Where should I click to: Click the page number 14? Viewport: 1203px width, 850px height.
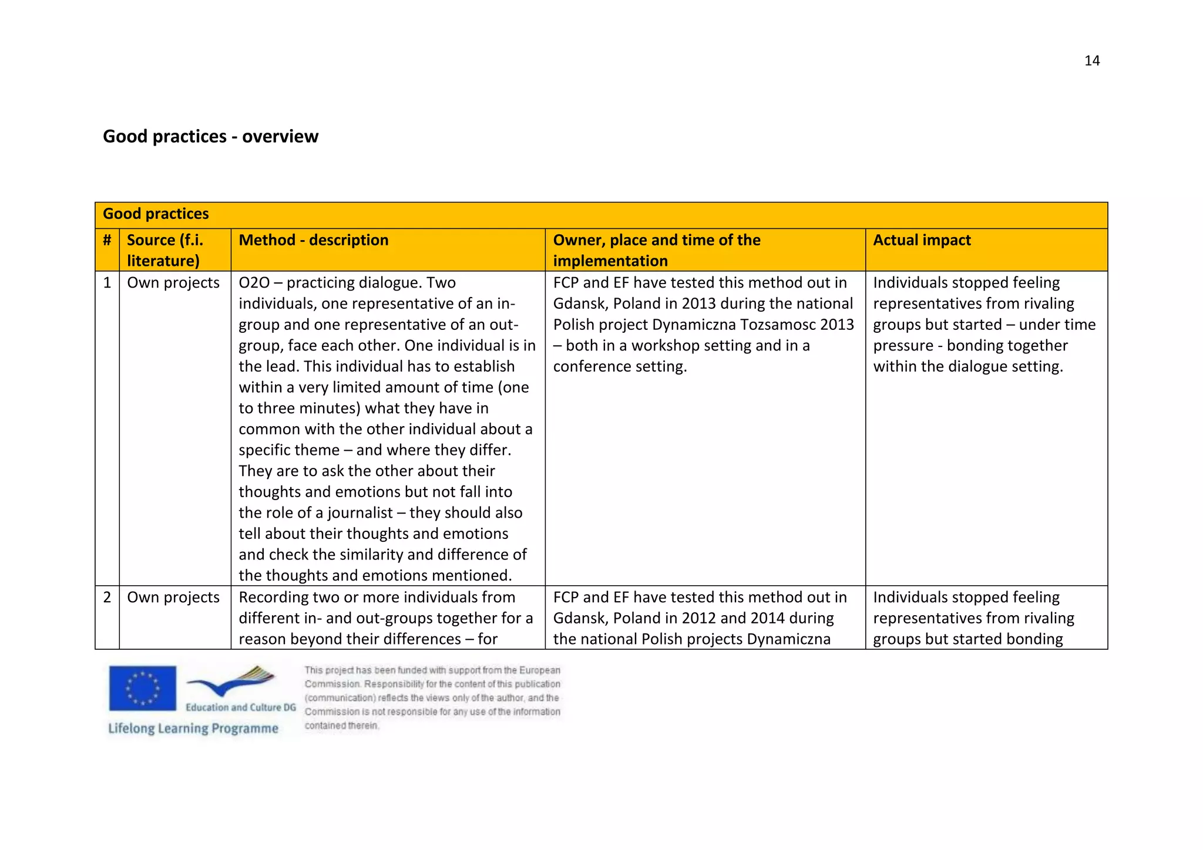click(1091, 61)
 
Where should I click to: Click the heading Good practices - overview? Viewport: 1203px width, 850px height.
click(210, 136)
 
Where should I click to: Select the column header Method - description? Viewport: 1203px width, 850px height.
click(313, 240)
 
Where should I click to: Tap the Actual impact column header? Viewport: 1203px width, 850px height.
click(922, 240)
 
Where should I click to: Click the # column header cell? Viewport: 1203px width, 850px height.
click(107, 240)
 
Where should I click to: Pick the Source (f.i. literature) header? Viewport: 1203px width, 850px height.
click(165, 250)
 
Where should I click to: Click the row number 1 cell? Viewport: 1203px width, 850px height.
click(107, 283)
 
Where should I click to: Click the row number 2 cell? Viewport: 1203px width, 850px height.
click(107, 598)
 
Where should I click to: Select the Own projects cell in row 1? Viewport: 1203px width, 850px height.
click(173, 283)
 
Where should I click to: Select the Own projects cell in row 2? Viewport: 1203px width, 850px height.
click(173, 598)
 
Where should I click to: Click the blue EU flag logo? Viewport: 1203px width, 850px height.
click(143, 688)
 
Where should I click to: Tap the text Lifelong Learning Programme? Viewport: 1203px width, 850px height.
click(193, 728)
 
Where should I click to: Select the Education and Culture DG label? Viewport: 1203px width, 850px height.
click(241, 707)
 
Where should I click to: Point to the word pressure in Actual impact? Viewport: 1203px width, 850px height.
click(903, 346)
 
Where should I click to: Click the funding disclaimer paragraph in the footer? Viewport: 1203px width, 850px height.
click(432, 697)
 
